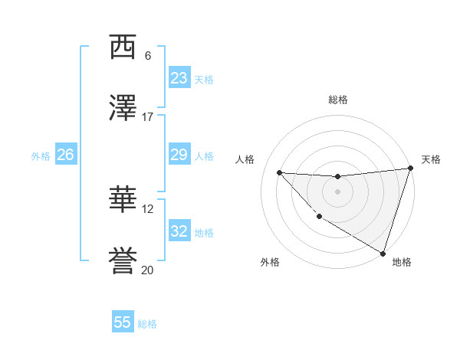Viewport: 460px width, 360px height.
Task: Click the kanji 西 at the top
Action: coord(123,47)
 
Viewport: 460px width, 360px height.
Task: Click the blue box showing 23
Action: coord(179,78)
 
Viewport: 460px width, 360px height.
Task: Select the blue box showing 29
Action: coord(179,155)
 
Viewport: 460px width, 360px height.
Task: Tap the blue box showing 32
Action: coord(179,231)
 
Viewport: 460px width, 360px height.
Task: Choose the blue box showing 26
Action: coord(65,155)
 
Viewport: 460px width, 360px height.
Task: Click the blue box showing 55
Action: coord(123,322)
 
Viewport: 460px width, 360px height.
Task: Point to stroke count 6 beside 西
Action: coord(148,56)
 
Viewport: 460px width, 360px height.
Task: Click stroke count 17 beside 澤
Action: coord(148,117)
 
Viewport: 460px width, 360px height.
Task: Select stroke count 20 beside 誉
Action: coord(148,270)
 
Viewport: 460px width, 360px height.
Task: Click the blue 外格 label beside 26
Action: coord(41,155)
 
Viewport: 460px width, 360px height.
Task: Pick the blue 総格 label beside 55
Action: coord(147,324)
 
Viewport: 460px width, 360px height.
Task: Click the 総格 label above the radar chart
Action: coord(337,100)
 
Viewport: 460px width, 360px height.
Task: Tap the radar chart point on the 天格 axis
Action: coord(410,169)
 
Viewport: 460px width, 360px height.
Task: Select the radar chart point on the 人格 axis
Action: coord(279,172)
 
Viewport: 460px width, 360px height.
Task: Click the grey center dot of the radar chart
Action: coord(337,191)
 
